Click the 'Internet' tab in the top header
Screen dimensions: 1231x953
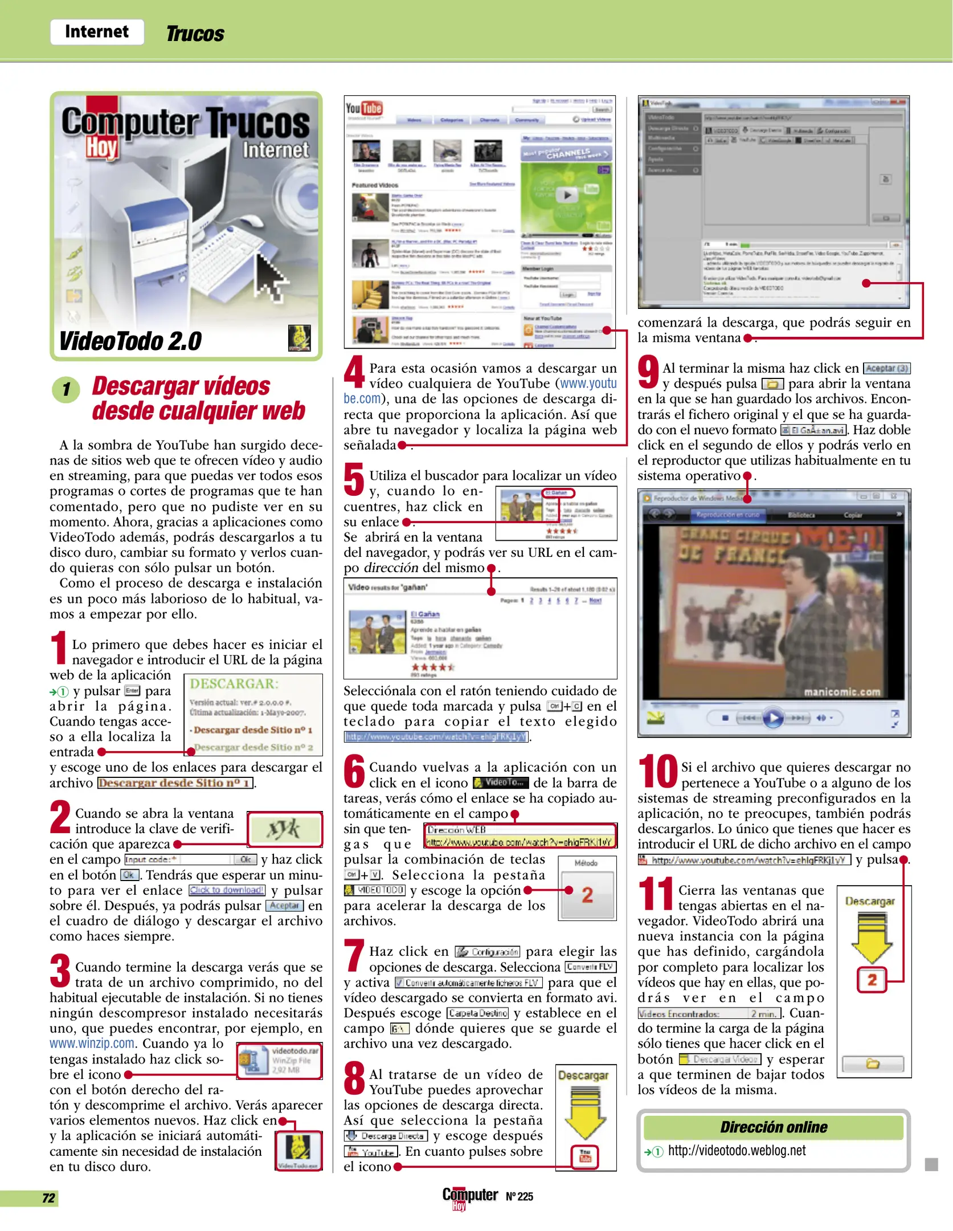(97, 31)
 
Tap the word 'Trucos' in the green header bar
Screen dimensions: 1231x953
(195, 34)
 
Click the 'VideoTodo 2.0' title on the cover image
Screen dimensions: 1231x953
(130, 341)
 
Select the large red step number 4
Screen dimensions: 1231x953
(354, 371)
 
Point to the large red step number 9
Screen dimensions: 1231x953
(648, 371)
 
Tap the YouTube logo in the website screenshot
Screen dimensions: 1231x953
(364, 108)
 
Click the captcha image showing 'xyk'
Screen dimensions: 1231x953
(285, 829)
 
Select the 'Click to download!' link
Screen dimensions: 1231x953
(227, 890)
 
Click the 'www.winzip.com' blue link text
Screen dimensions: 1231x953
(92, 1044)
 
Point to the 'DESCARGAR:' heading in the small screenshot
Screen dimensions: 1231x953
(234, 684)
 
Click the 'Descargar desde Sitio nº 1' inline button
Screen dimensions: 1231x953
(175, 783)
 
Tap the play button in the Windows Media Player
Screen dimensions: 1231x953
(773, 718)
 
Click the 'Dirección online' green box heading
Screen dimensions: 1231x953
(774, 1127)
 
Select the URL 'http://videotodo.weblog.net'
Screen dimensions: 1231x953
(737, 1151)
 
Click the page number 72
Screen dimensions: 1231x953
(48, 1198)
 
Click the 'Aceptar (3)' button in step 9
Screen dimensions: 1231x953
(886, 368)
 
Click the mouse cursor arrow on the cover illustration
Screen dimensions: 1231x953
(271, 276)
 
